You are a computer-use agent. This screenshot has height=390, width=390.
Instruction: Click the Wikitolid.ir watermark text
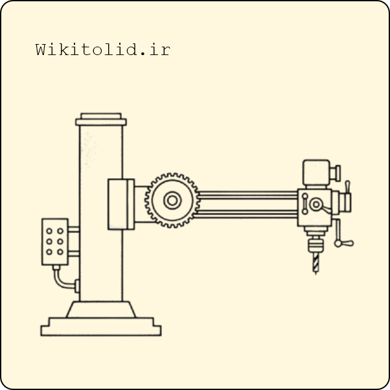103,49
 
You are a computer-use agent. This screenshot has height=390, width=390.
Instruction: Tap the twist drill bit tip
316,274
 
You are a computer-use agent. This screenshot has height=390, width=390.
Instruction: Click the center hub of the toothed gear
172,200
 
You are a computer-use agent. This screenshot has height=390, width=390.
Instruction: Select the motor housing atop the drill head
316,174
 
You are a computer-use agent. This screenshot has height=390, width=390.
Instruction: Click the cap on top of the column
101,119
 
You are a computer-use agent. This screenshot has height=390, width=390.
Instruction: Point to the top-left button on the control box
49,231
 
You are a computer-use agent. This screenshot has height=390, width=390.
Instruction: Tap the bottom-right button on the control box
60,252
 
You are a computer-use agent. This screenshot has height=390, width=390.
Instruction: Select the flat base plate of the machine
101,327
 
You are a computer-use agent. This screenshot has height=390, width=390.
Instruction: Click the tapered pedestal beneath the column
101,310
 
